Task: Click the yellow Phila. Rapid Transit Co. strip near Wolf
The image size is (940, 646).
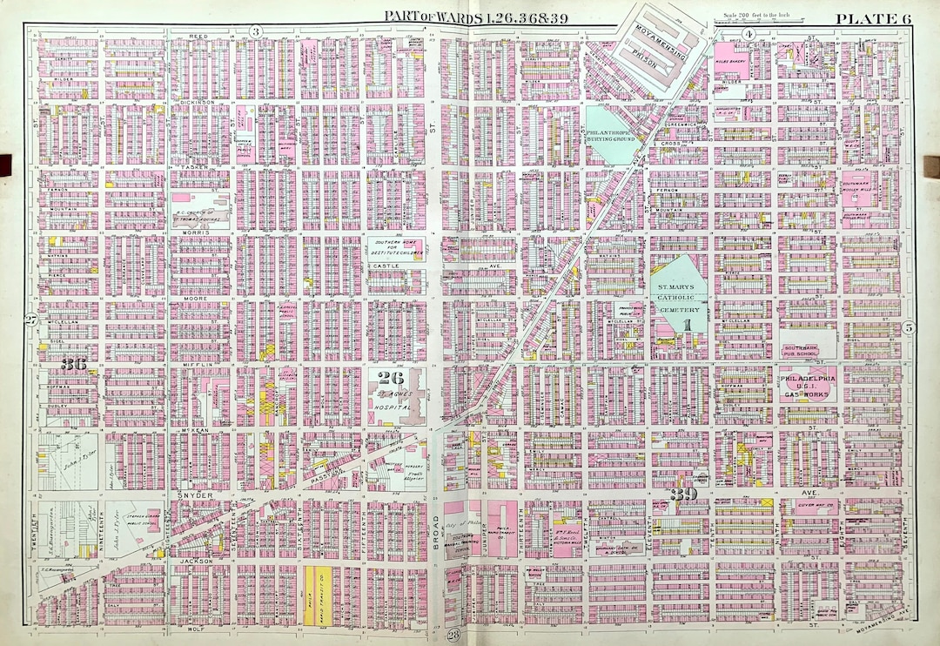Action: pyautogui.click(x=312, y=601)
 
